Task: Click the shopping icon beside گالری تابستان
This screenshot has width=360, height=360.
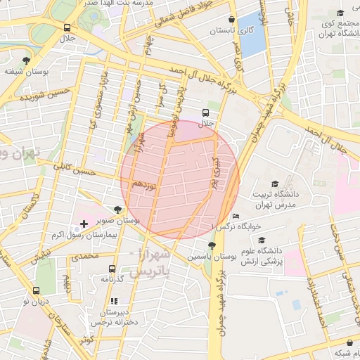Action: (231, 19)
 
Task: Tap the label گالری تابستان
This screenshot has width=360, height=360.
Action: (231, 32)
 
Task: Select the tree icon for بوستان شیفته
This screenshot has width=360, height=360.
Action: (27, 60)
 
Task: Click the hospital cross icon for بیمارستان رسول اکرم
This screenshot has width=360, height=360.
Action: (84, 224)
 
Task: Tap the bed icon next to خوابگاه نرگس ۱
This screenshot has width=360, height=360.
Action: (235, 216)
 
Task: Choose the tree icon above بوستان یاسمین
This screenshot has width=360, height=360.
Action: (212, 245)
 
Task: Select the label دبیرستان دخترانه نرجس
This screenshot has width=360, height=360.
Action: (112, 316)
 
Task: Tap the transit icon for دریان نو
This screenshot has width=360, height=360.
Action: (36, 290)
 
